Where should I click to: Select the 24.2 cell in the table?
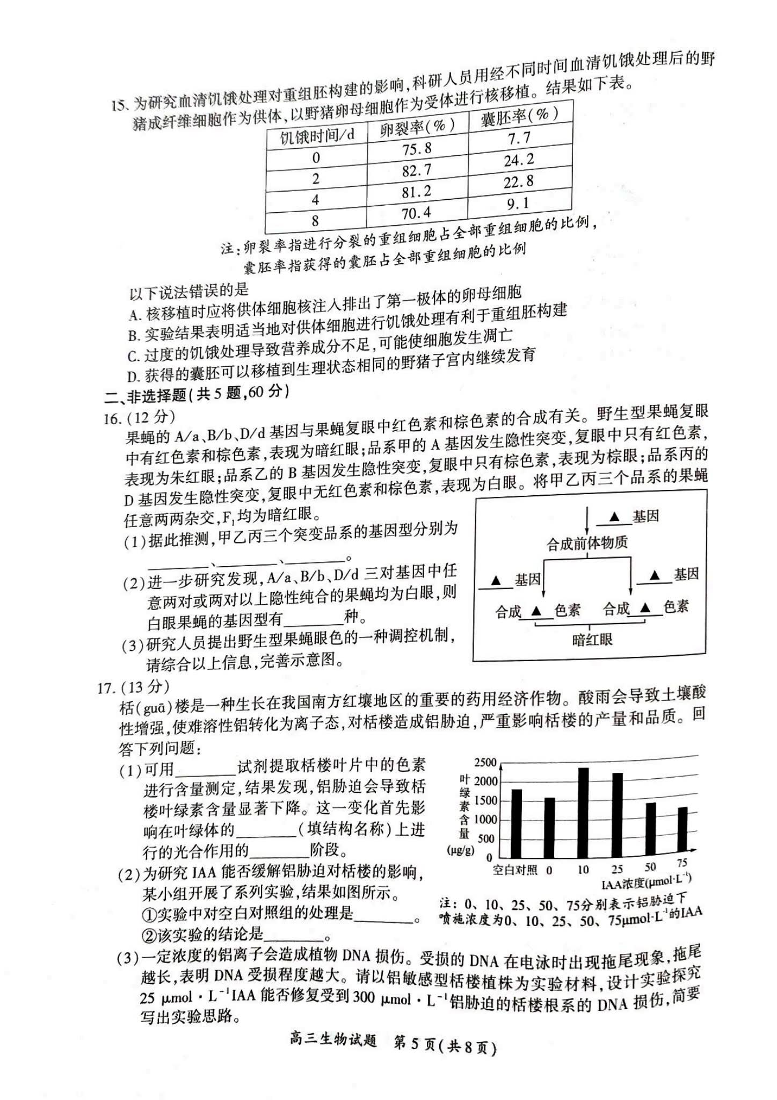point(519,160)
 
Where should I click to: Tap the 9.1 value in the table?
point(518,204)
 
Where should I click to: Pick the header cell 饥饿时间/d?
point(317,135)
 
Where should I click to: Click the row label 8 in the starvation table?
point(315,220)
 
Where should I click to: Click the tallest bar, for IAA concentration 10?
point(583,812)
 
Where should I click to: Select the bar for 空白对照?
point(516,823)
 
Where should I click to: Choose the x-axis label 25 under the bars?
point(617,869)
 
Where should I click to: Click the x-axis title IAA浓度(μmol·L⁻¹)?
point(646,881)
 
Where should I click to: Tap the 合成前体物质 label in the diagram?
point(587,543)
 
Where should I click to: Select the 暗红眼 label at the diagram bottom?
point(592,639)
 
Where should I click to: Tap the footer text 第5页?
point(413,1047)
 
